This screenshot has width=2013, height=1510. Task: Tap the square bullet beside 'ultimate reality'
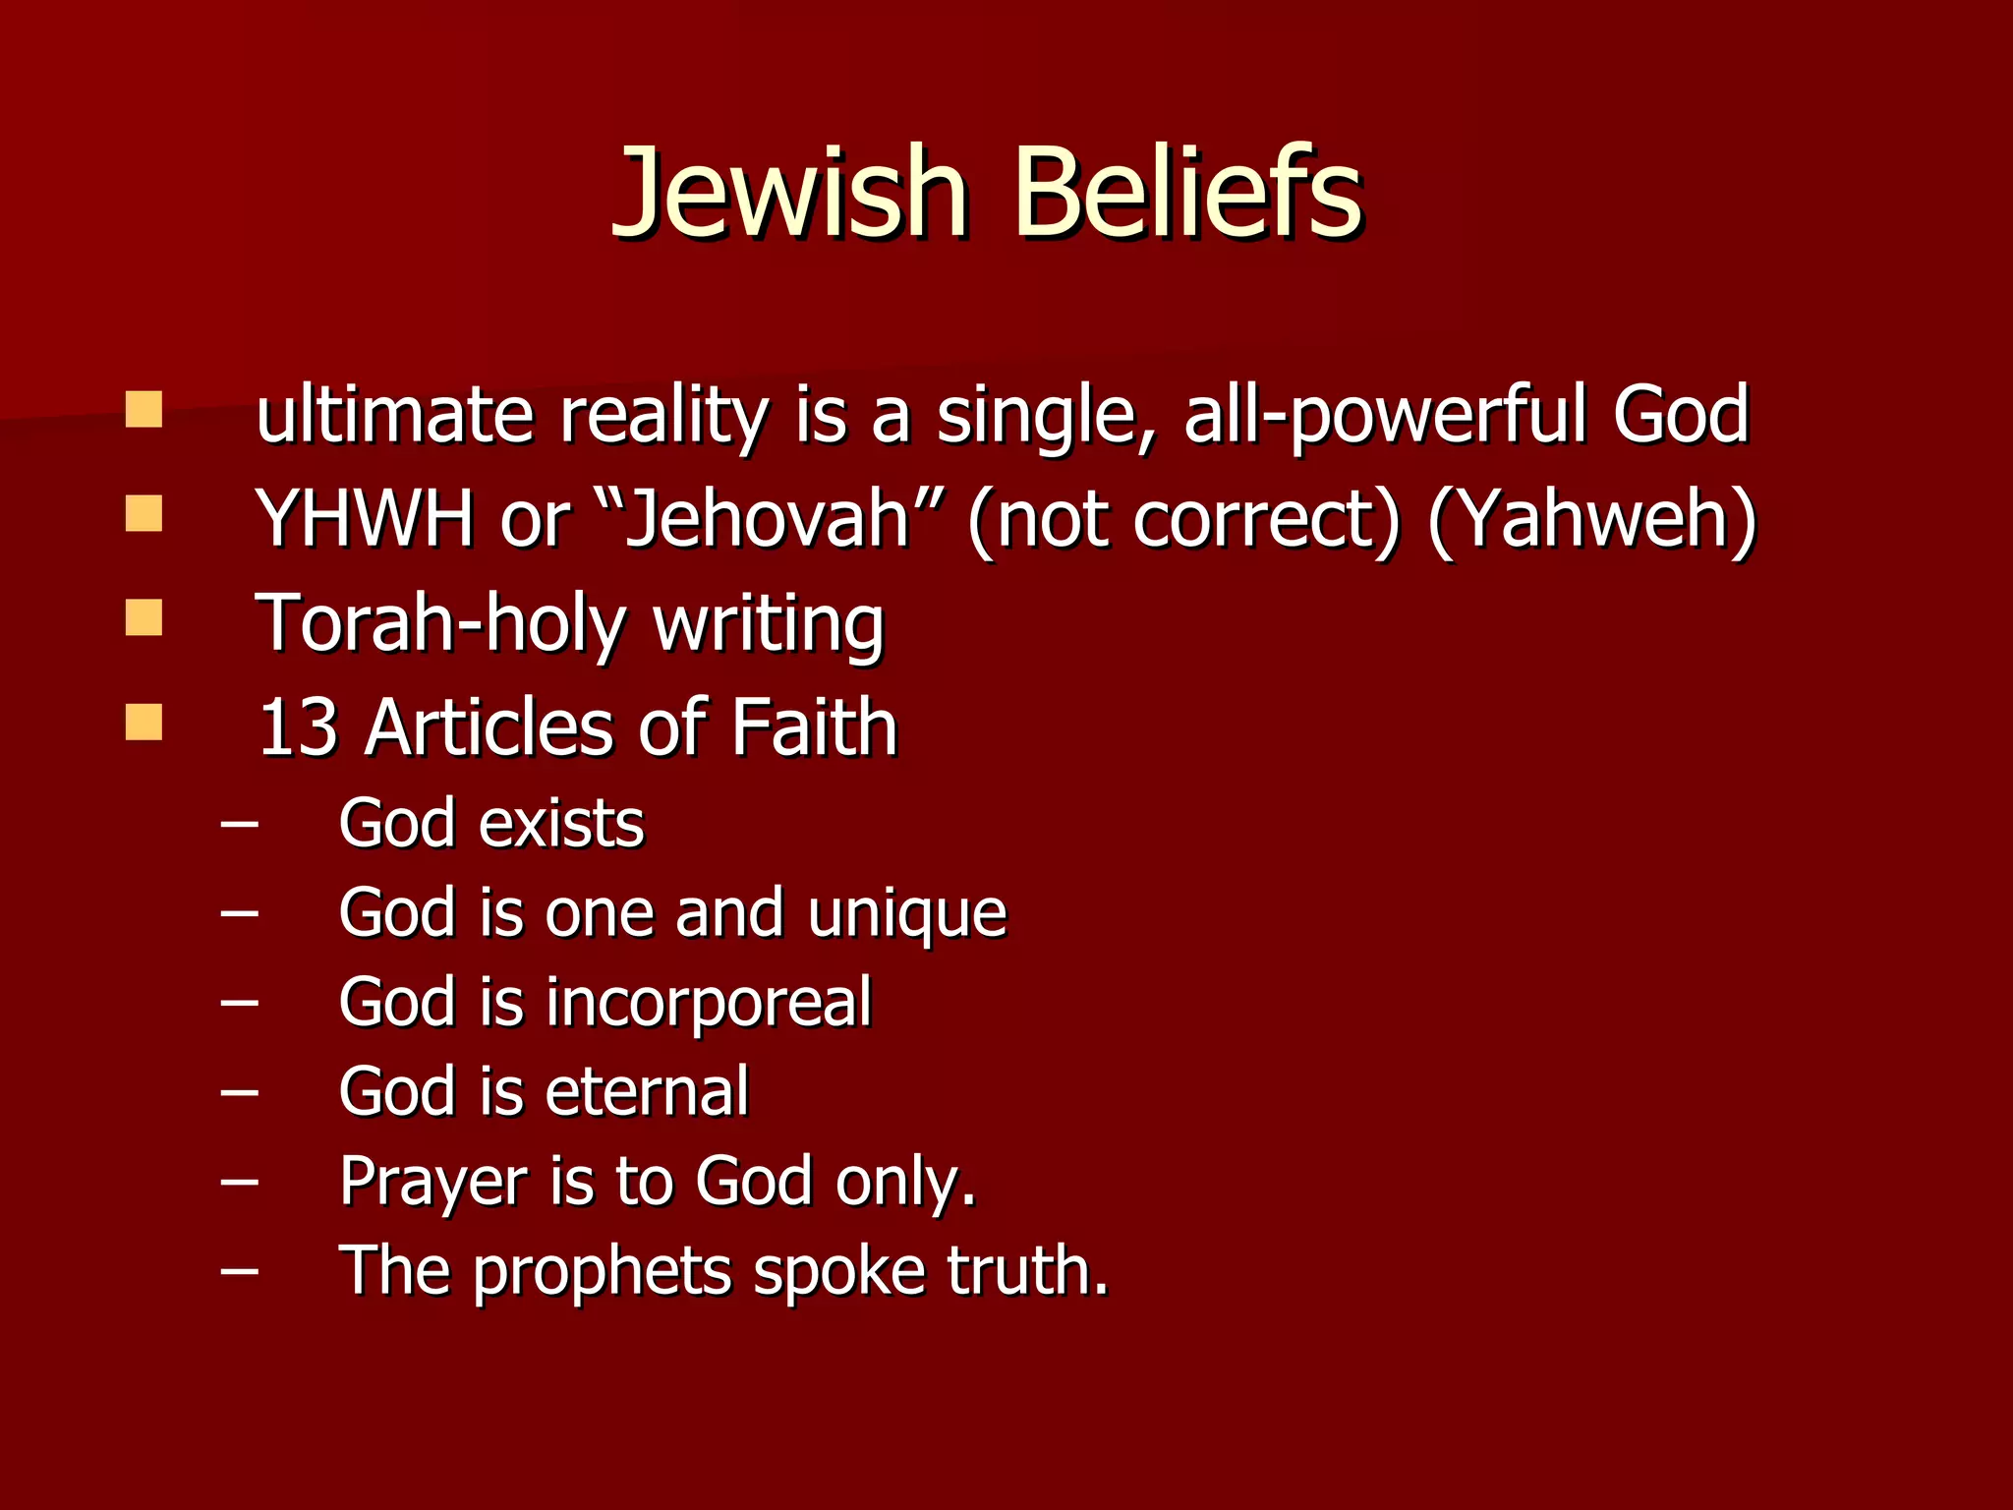[144, 410]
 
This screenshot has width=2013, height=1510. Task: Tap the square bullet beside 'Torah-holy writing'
[144, 619]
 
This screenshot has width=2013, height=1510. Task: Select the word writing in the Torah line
[769, 625]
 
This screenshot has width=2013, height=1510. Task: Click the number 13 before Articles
[299, 728]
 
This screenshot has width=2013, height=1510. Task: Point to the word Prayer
[432, 1182]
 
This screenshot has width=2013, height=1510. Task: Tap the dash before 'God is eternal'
[240, 1092]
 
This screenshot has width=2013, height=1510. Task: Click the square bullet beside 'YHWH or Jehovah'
[144, 513]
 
